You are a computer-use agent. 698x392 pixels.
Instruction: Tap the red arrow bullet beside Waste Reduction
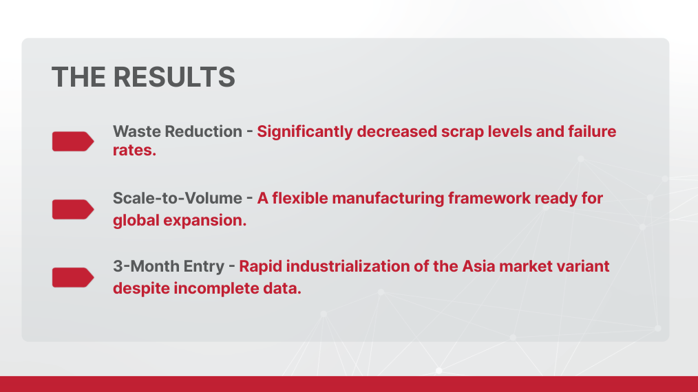[73, 141]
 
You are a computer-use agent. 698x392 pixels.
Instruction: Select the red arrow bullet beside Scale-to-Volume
[73, 209]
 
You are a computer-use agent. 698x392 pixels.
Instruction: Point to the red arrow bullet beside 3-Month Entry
[73, 277]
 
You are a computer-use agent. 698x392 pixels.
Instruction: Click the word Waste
[135, 131]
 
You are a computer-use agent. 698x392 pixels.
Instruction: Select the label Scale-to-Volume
[177, 199]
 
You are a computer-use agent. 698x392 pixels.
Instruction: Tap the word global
[135, 221]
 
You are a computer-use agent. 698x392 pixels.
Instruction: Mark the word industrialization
[346, 266]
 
